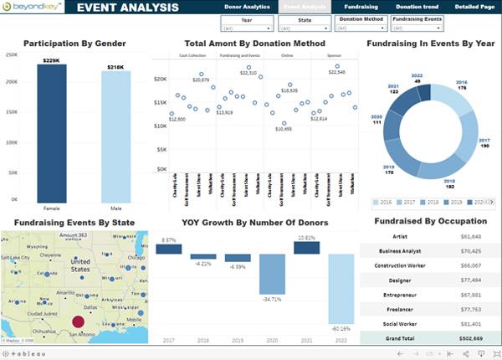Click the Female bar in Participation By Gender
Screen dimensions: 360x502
pyautogui.click(x=58, y=134)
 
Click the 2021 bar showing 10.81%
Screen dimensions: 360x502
pyautogui.click(x=305, y=249)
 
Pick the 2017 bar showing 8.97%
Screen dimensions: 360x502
pyautogui.click(x=168, y=249)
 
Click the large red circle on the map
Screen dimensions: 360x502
pyautogui.click(x=78, y=321)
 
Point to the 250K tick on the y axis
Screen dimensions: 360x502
pyautogui.click(x=12, y=54)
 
